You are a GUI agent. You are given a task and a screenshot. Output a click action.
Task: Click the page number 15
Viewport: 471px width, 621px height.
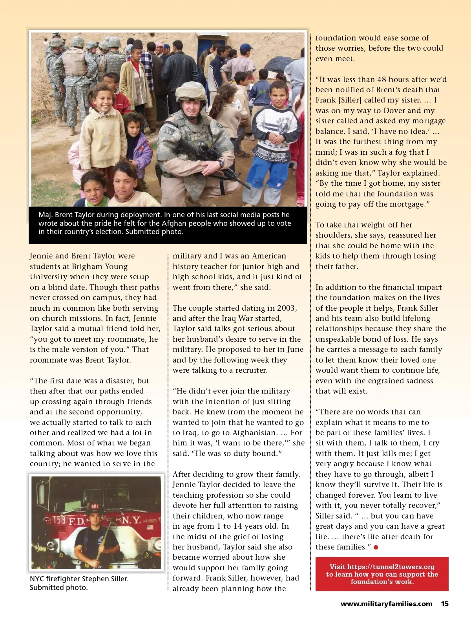(445, 604)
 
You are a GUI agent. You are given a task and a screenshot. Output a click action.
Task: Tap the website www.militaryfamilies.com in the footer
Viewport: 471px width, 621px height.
(386, 604)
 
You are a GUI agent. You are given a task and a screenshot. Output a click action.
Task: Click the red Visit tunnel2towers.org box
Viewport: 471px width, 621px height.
(382, 574)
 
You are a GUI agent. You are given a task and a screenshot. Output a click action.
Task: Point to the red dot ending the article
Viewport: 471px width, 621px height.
(376, 547)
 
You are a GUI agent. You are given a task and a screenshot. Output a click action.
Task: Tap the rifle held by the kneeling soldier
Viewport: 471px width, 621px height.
(208, 157)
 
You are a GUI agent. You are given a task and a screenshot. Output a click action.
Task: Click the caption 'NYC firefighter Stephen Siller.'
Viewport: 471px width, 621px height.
(79, 579)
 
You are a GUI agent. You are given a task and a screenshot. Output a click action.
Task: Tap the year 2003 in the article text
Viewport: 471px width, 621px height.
(286, 308)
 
